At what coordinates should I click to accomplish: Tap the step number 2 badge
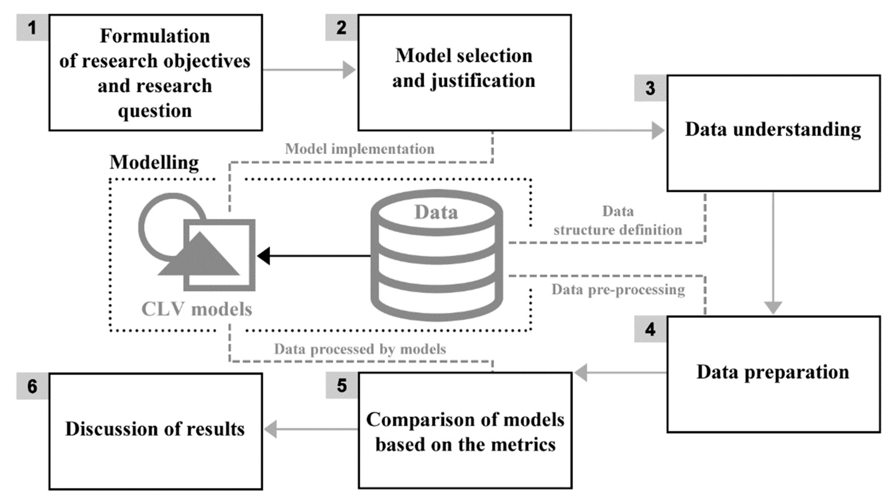point(341,28)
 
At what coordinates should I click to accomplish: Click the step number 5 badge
point(341,386)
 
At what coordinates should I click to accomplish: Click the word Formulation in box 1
point(155,36)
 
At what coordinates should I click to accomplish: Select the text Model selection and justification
point(464,68)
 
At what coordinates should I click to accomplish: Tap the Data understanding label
point(773,130)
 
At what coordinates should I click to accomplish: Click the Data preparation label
point(773,372)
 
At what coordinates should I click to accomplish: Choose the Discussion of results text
point(155,429)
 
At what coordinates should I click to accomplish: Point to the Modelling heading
point(154,162)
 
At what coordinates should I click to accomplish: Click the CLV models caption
point(196,309)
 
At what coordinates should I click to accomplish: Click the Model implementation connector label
point(359,149)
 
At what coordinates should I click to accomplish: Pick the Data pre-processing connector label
point(618,289)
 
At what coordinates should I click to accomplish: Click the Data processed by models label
point(360,349)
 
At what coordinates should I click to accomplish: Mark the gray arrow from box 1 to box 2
point(309,70)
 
